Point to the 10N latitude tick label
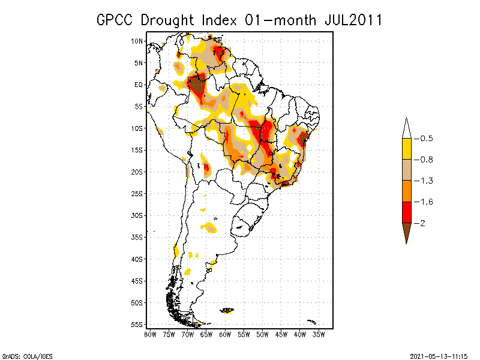pos(137,41)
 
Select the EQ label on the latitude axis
pos(138,85)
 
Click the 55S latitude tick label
pos(137,324)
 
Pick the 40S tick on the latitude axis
pos(137,259)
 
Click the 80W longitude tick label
pos(150,334)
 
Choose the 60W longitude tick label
pos(225,334)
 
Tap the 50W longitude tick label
pos(263,334)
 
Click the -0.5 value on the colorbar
pos(427,139)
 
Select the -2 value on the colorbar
pos(423,223)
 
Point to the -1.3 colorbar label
pos(427,181)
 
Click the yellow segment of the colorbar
pos(406,149)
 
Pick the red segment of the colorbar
pos(406,212)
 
